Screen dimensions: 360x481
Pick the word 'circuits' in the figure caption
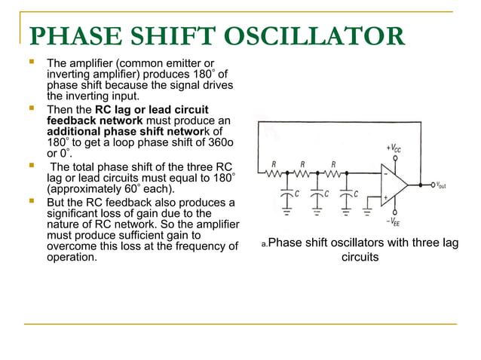pyautogui.click(x=360, y=257)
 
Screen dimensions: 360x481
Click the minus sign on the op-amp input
pyautogui.click(x=384, y=173)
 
